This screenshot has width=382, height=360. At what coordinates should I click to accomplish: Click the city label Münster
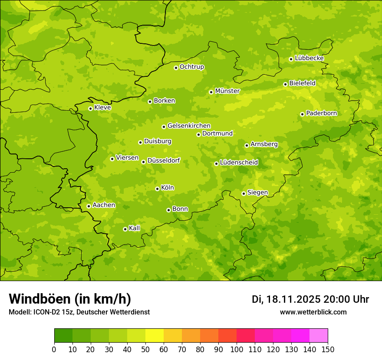pos(227,91)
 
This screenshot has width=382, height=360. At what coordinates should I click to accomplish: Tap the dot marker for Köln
pos(157,189)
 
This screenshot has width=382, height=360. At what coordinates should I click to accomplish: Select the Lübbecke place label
pos(309,58)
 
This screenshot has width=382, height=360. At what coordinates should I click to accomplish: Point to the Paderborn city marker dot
pos(302,114)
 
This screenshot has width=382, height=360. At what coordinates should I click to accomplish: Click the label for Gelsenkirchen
pos(189,126)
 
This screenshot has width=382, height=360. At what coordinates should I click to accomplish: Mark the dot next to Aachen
pos(89,206)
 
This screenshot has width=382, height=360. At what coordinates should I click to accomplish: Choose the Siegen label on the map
pos(257,193)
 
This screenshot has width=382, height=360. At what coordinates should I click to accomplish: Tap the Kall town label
pos(135,228)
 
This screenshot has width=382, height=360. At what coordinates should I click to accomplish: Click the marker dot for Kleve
pos(90,108)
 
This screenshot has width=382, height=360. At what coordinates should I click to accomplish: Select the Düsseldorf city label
pos(164,160)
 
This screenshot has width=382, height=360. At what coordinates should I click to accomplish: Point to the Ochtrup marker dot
pos(176,68)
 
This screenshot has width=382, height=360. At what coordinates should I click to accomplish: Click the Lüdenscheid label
pos(239,163)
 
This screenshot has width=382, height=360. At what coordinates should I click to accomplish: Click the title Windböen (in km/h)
pos(70,299)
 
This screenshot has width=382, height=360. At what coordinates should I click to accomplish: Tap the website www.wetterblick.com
pos(313,312)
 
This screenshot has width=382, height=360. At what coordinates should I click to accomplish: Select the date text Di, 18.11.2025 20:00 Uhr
pos(310,299)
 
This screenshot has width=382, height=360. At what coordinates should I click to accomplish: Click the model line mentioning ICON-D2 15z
pos(79,312)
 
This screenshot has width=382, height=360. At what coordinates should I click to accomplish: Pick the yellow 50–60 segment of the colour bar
pos(155,336)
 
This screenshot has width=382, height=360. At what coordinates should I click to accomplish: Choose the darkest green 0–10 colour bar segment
pos(63,336)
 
